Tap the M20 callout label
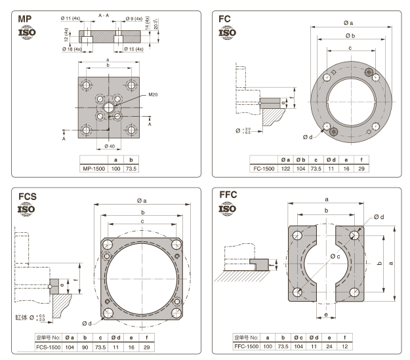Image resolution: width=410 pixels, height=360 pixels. (x=154, y=95)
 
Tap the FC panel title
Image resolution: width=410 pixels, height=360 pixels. (x=225, y=18)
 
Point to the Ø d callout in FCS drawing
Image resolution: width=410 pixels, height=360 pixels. (x=88, y=322)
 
